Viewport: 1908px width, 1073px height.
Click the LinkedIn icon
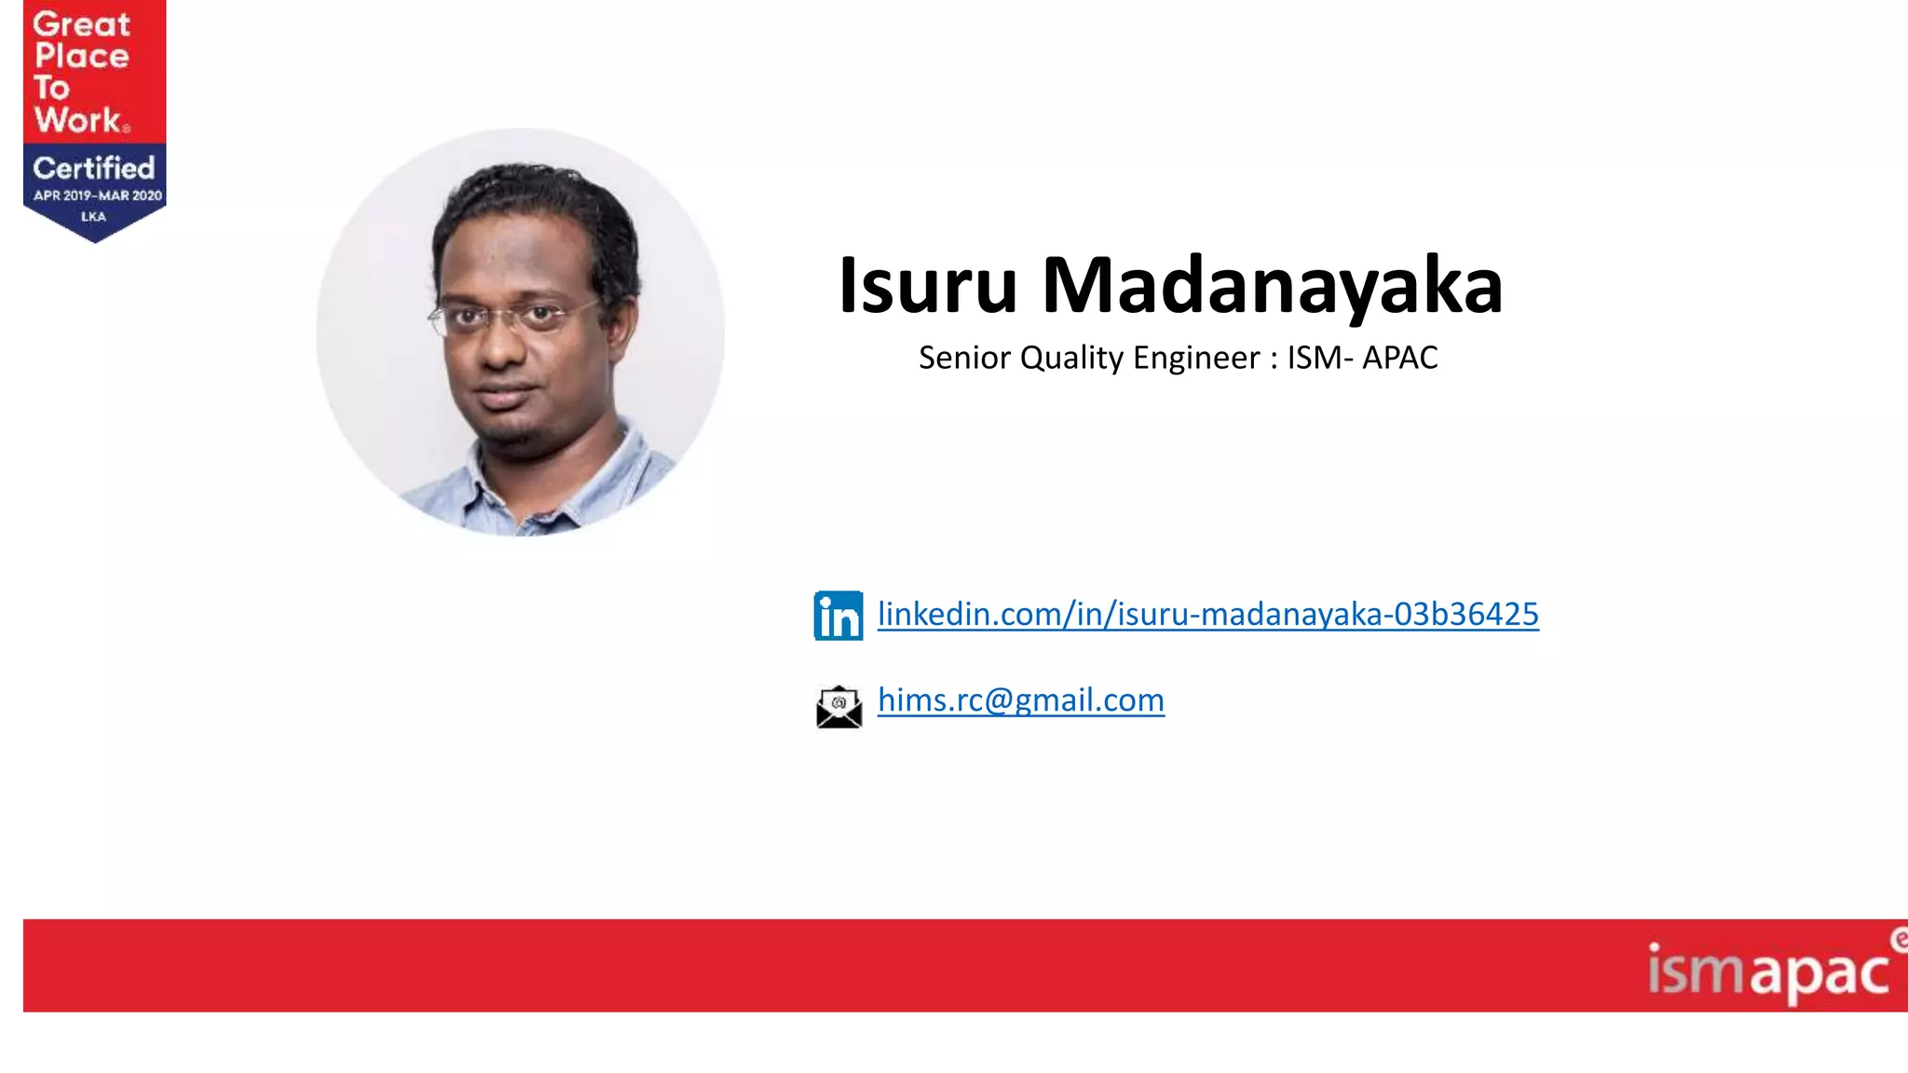point(838,616)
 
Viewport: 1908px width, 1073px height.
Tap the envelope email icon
point(838,707)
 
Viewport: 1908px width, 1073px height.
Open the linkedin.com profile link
point(1207,615)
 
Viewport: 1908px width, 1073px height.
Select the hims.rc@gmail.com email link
point(1020,700)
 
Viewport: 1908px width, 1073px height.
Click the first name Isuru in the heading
point(927,285)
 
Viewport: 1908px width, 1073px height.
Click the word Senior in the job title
point(964,358)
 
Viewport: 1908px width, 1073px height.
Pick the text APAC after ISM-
point(1399,358)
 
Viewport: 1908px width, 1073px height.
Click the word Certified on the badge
point(93,169)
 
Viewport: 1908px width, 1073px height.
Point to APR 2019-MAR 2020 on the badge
point(98,196)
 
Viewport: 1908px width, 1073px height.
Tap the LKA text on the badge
point(93,216)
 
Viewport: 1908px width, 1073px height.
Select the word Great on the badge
point(82,24)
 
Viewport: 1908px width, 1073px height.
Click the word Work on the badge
point(78,120)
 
